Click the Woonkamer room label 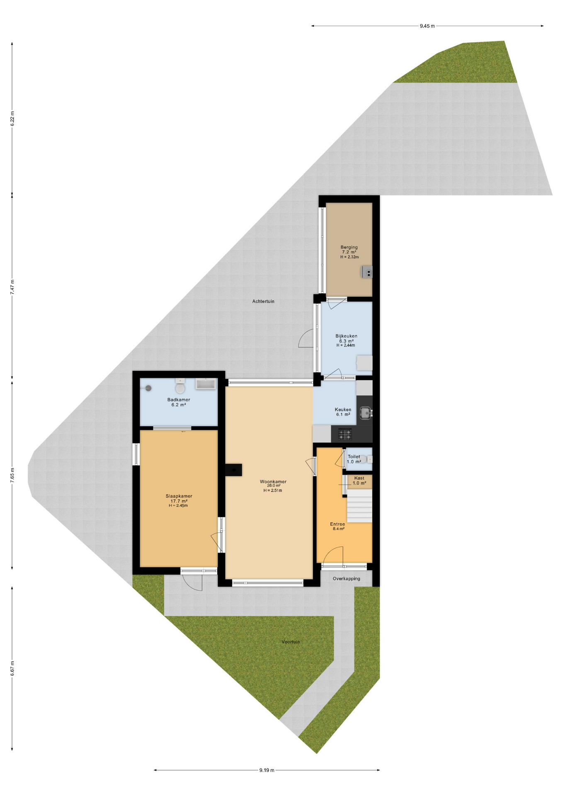273,482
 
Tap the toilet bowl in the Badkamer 180,388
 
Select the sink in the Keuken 365,413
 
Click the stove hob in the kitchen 345,434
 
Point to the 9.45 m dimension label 427,26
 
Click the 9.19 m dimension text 267,770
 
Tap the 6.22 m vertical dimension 12,118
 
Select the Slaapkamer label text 179,496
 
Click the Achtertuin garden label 263,301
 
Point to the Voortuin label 291,642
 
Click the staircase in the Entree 359,506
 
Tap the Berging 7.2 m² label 349,250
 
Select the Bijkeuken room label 346,336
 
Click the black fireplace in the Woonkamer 234,470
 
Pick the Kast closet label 359,478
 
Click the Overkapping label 346,578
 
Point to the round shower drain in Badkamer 148,388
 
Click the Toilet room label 354,456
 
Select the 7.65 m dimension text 12,474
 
